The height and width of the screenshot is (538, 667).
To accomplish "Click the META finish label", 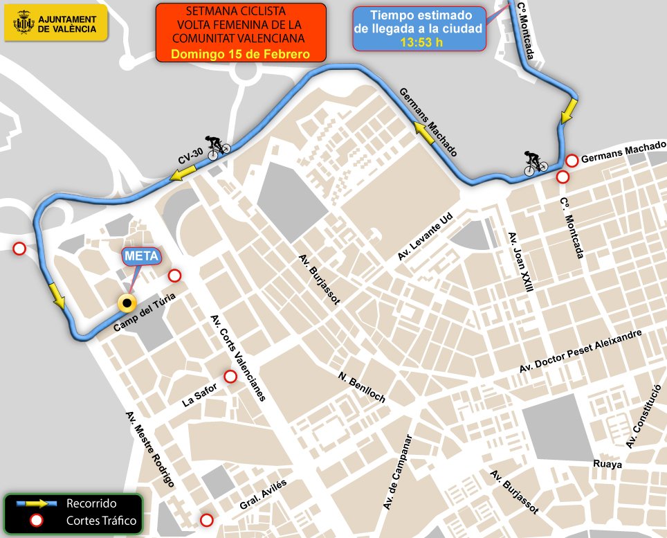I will click(143, 256).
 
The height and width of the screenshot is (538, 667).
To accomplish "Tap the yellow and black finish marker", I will click(127, 303).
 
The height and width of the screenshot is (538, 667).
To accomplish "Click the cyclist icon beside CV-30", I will click(219, 147).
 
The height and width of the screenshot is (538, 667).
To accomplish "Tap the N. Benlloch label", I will click(361, 388).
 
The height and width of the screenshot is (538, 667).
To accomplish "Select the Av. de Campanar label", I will click(398, 474).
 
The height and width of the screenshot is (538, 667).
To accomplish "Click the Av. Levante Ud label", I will click(424, 237).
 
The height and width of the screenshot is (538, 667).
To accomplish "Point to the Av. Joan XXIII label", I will click(521, 262).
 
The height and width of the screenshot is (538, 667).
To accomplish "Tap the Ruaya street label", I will click(607, 464).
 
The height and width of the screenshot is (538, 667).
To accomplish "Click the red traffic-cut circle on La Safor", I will click(230, 377).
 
